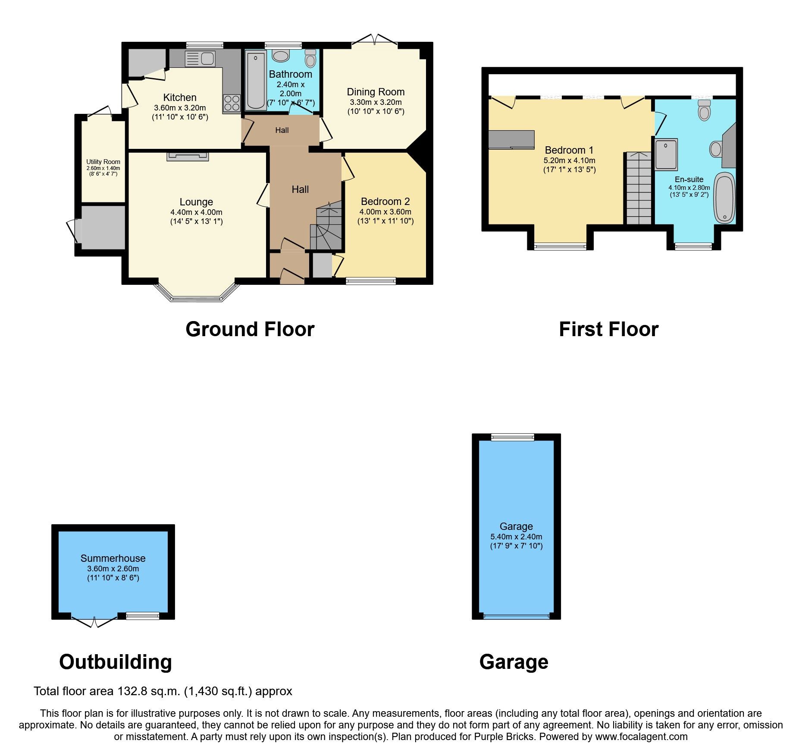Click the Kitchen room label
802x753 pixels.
180,98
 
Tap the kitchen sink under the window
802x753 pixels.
200,59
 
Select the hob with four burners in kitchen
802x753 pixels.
232,103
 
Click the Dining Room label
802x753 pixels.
376,92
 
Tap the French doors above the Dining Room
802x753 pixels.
374,41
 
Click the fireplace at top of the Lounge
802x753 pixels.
188,156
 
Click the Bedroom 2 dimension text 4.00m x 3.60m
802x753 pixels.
385,212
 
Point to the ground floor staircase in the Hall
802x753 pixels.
326,229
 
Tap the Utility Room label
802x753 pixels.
103,162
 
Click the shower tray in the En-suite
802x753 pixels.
666,154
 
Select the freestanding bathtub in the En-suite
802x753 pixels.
724,198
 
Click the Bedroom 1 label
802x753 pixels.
569,150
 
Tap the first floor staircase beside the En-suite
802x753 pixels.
639,188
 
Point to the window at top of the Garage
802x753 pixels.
512,438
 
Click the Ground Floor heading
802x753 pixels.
250,329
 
